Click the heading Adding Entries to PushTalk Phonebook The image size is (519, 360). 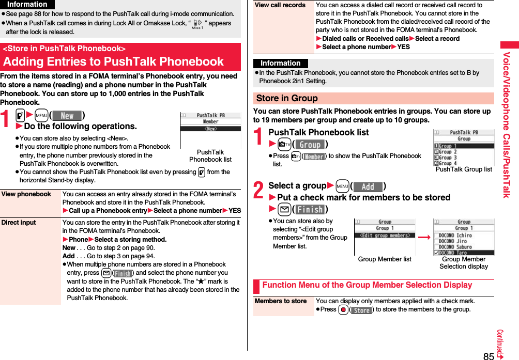click(x=114, y=61)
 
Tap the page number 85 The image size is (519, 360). click(x=489, y=355)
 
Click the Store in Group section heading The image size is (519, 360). click(x=287, y=98)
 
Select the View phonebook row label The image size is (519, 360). click(x=26, y=194)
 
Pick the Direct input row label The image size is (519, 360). click(x=19, y=223)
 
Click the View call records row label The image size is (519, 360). click(x=280, y=5)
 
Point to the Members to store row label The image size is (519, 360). click(x=281, y=301)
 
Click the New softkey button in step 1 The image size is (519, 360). click(x=68, y=116)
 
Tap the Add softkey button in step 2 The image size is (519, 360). click(x=368, y=186)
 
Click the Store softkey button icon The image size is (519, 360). click(x=361, y=310)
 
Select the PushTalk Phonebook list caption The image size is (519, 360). click(x=210, y=155)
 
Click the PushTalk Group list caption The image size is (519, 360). click(x=464, y=169)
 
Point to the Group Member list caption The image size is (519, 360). click(x=385, y=259)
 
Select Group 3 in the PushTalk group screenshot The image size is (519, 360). click(x=448, y=158)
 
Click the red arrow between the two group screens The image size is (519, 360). click(x=424, y=237)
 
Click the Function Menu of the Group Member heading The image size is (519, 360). click(x=367, y=285)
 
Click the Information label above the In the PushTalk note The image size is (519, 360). click(x=281, y=64)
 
